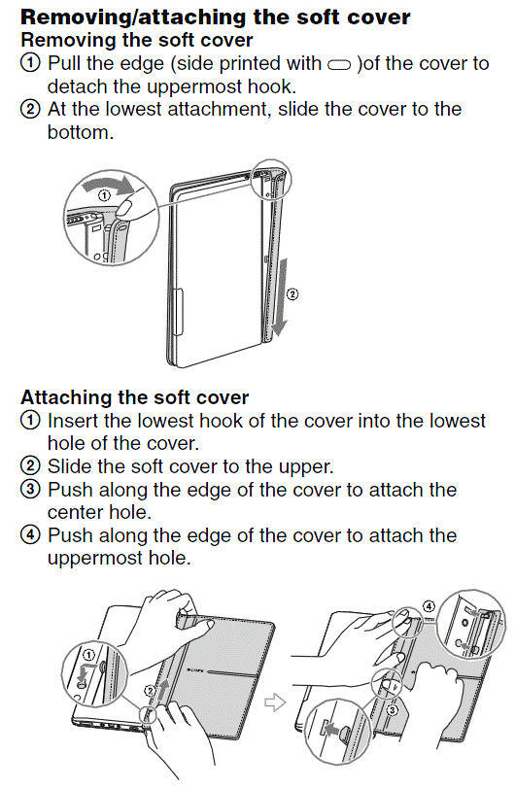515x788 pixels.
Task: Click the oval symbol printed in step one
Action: click(339, 65)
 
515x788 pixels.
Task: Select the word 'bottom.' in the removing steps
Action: click(81, 133)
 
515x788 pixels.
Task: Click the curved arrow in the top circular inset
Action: click(109, 185)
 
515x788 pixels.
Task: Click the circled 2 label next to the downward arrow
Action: click(292, 294)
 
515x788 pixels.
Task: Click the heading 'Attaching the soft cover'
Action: click(135, 397)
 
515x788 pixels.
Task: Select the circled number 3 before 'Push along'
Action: click(30, 490)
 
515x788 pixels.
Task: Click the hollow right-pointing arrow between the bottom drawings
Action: click(275, 702)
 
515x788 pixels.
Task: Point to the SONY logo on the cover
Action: click(194, 670)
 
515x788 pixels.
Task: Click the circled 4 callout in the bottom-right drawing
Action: click(429, 605)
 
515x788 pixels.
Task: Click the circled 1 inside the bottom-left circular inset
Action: click(88, 655)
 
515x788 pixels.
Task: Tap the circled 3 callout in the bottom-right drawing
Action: click(393, 710)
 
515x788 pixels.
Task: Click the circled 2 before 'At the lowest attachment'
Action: click(30, 109)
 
